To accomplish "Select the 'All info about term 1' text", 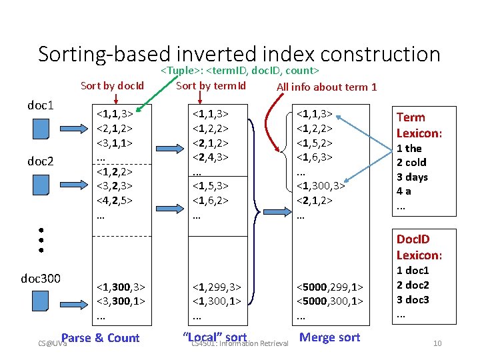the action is point(327,87).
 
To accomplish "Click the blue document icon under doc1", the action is point(42,128).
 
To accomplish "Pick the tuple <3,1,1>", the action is point(114,143).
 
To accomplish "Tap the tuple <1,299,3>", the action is point(216,287).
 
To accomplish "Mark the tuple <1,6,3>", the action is point(314,158).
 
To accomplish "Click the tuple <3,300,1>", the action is point(121,302).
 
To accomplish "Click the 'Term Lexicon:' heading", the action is point(420,125).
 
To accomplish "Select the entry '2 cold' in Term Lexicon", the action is point(411,163).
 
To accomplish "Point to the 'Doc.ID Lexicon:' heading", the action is point(419,247).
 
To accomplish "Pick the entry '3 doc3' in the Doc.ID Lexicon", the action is point(413,299).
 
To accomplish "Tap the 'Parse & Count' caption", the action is point(100,338).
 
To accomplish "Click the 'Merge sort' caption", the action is point(329,337).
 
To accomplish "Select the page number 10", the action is point(437,343).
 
